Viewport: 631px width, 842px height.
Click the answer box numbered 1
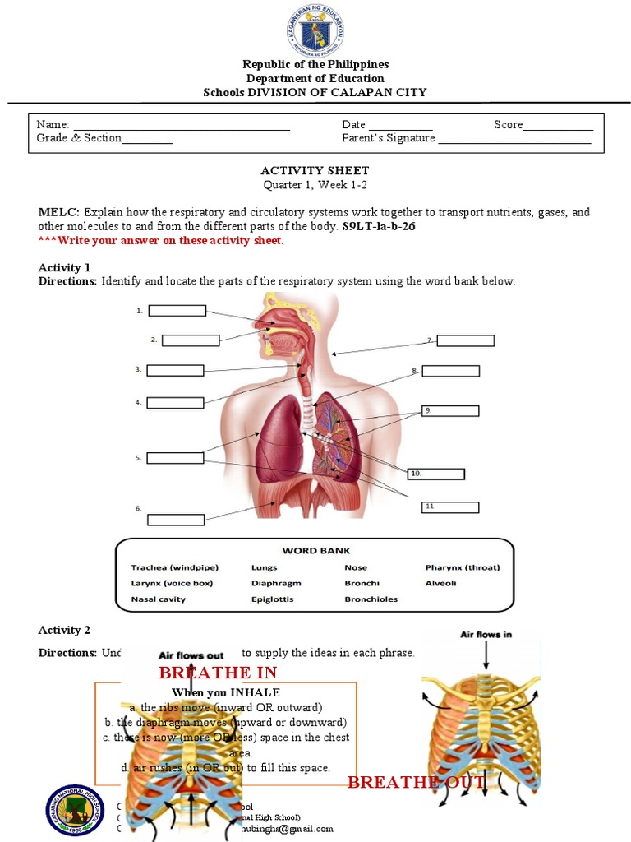coord(177,311)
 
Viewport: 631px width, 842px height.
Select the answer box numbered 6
coord(176,520)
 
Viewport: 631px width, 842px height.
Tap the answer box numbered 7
coord(465,340)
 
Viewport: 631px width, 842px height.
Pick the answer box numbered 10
coord(436,474)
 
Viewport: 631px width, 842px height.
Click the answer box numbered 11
coord(449,507)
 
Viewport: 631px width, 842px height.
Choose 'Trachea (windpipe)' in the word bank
coord(168,567)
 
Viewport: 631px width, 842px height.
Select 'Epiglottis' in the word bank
coord(272,599)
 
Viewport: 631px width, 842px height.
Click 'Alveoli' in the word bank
coord(441,583)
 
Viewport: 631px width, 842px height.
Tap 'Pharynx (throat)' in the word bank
coord(462,567)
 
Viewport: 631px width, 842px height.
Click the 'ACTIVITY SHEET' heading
coord(315,170)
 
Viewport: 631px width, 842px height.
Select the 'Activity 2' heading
coord(65,630)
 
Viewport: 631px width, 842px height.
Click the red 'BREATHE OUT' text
coord(416,782)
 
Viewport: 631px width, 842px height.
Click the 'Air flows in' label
coord(486,634)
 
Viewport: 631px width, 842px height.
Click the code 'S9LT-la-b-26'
coord(379,226)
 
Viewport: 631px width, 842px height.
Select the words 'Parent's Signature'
coord(388,138)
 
